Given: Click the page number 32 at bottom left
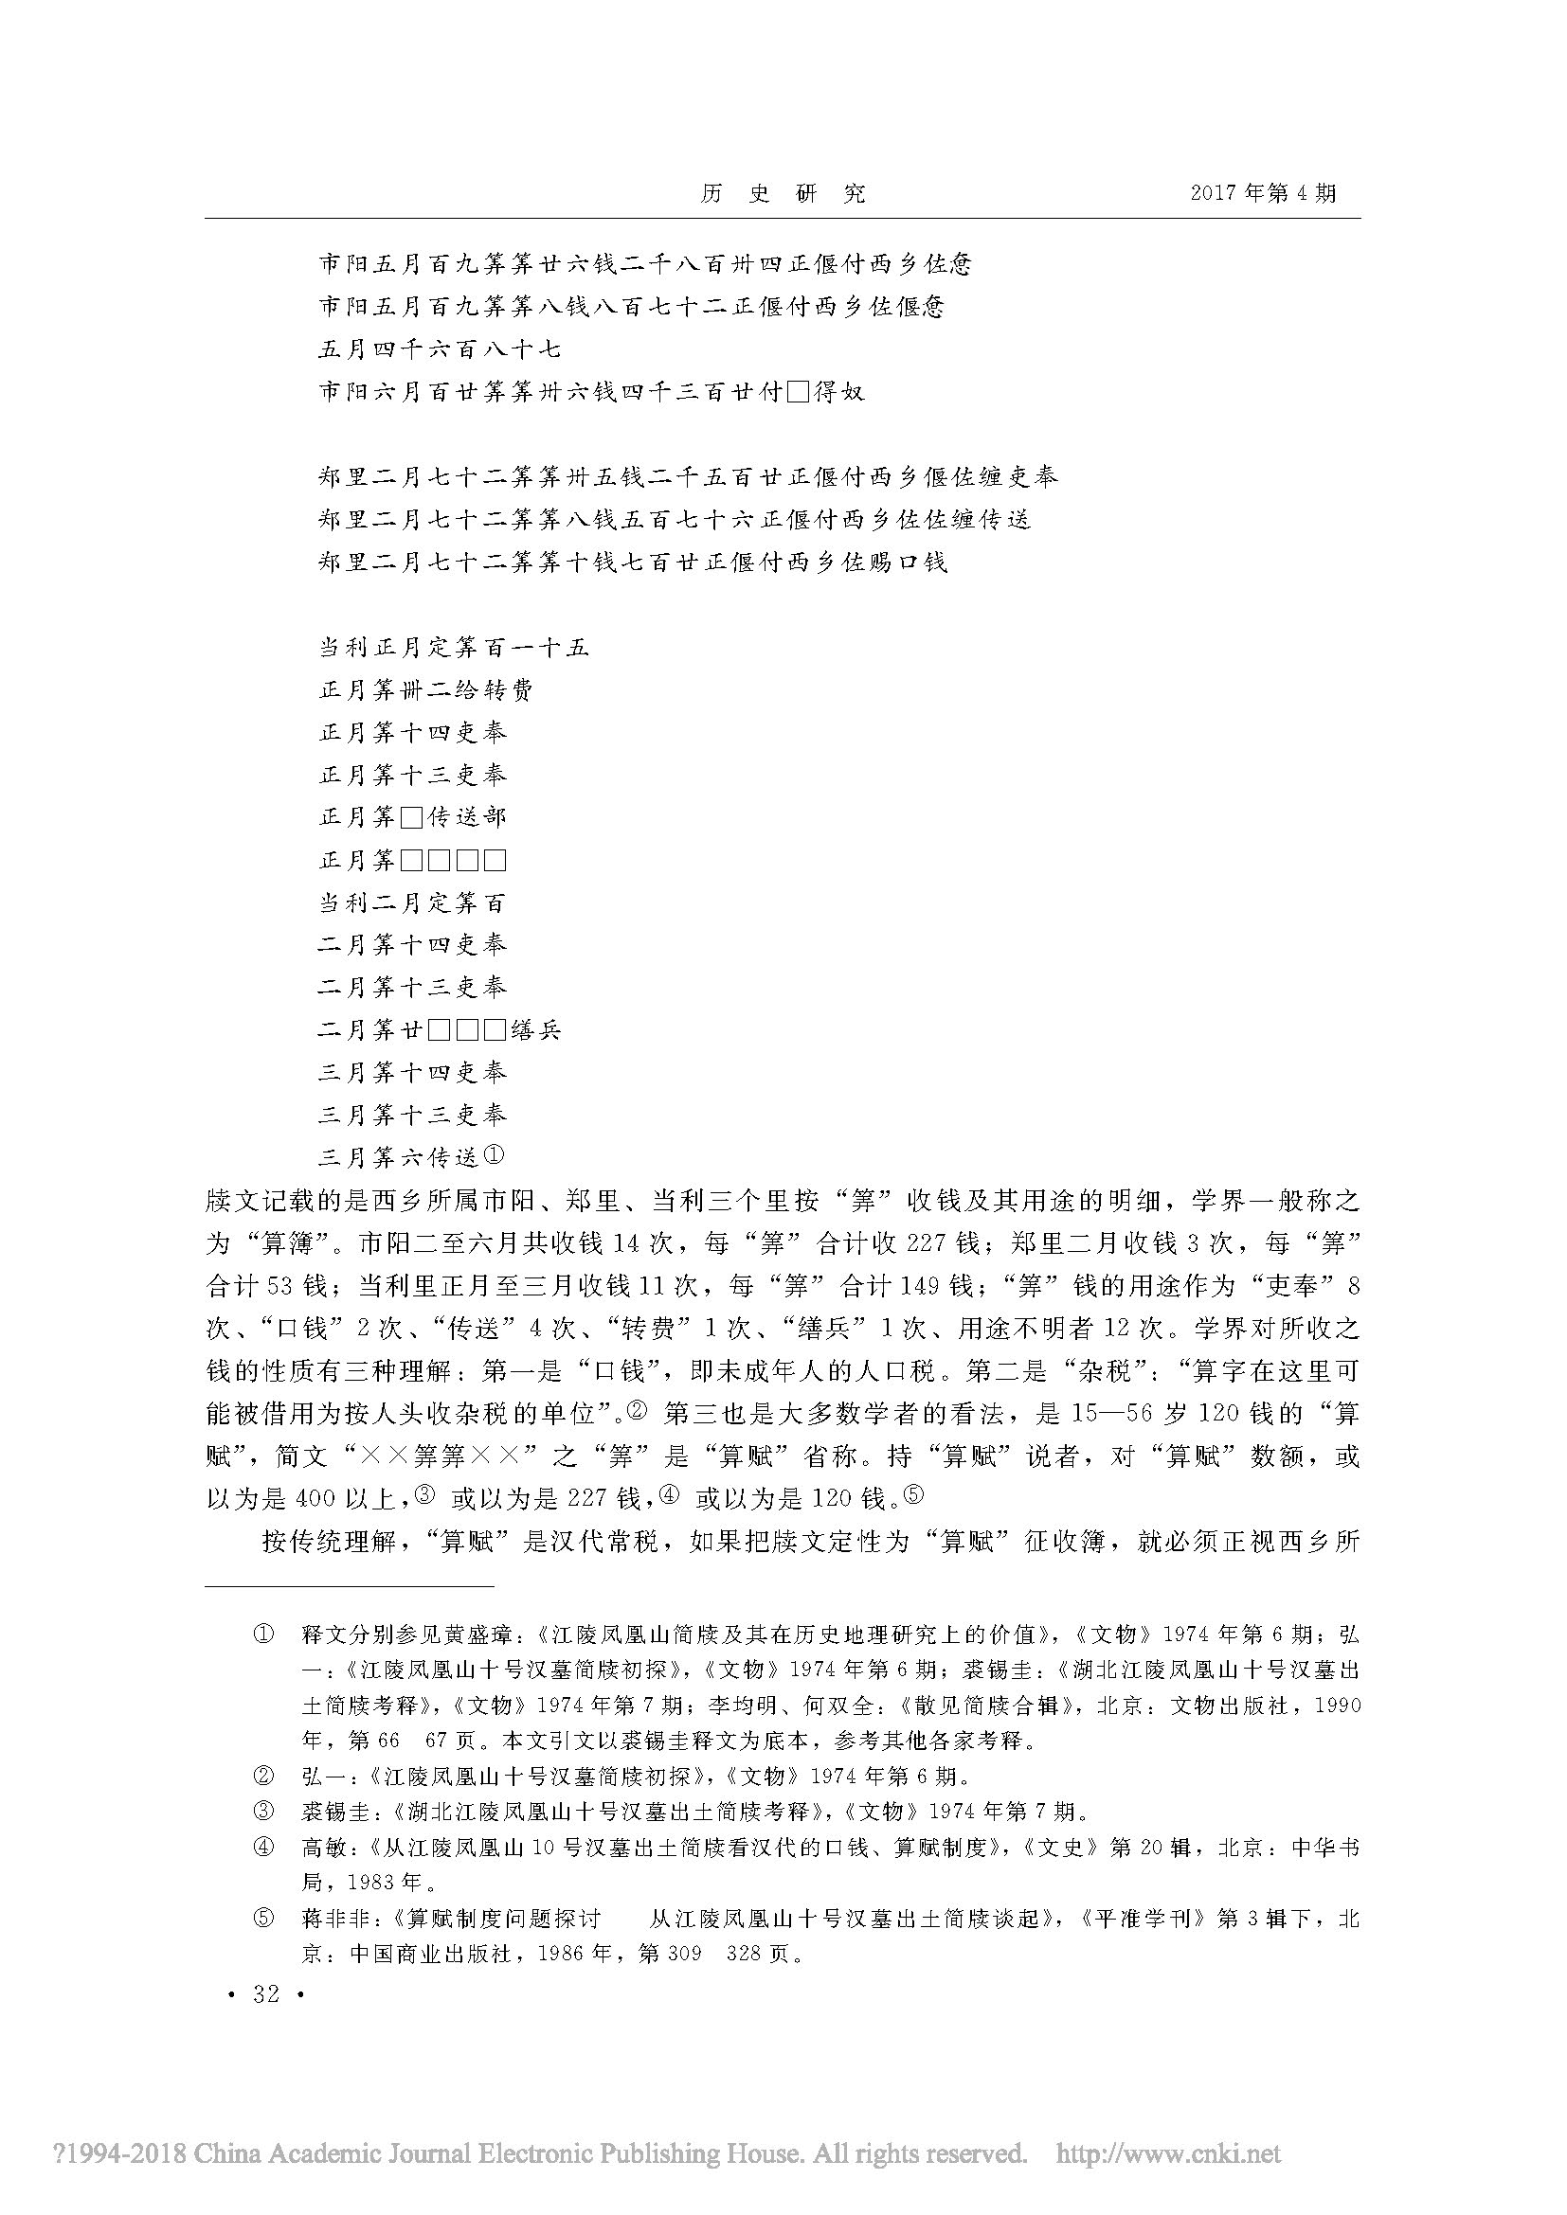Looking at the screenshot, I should coord(265,1994).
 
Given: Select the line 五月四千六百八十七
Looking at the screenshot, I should coord(440,349).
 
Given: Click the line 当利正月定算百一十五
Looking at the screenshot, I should coord(454,648).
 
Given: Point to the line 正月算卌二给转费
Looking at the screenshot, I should coord(425,689).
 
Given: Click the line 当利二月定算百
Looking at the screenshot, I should coord(412,903).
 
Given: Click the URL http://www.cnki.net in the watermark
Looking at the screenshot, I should coord(1168,2153).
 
